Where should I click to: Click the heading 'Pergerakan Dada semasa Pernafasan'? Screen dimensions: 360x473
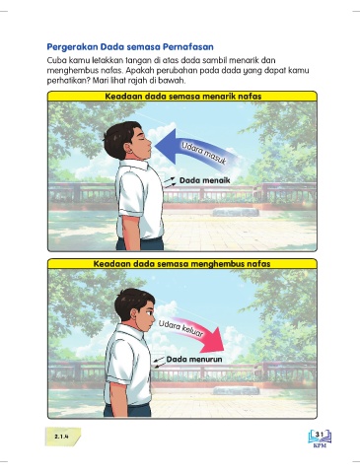(x=130, y=47)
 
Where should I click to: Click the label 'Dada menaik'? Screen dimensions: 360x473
(x=204, y=180)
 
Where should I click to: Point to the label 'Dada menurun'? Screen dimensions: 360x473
(x=194, y=359)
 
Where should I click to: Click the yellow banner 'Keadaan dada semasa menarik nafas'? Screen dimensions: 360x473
(x=182, y=97)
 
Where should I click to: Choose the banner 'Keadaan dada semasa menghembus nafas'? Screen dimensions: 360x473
(x=182, y=264)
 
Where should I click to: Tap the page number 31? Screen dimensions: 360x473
(x=320, y=435)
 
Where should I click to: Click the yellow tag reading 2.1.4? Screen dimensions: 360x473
(x=62, y=437)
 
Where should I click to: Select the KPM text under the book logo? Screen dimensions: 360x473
(x=320, y=446)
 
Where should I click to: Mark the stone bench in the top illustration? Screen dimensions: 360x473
(x=236, y=212)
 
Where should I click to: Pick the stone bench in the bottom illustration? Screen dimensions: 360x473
(x=236, y=390)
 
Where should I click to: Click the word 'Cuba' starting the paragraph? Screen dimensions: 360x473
(x=54, y=61)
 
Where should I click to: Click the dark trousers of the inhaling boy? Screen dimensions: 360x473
(x=140, y=243)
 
